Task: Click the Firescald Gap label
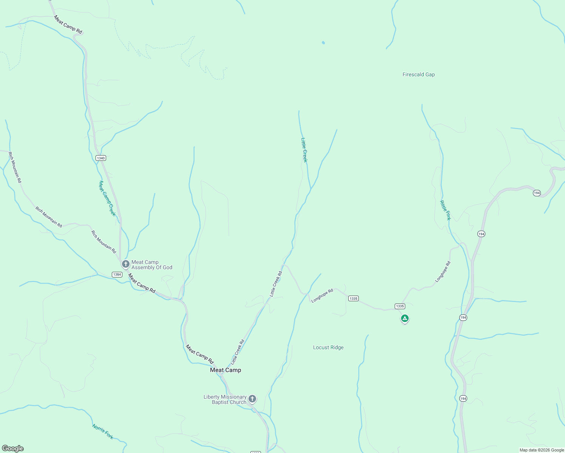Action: click(x=418, y=75)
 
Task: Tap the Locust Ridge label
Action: click(x=328, y=348)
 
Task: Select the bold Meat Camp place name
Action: click(x=225, y=370)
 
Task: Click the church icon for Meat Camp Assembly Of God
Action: click(x=126, y=264)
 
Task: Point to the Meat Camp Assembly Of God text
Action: click(x=152, y=265)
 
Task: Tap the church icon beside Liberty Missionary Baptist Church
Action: click(x=252, y=399)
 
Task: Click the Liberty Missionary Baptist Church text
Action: click(x=225, y=399)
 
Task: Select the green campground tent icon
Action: click(x=404, y=318)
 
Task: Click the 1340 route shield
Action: click(x=100, y=158)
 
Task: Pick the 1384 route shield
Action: click(x=117, y=274)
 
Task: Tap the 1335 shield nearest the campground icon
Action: click(x=400, y=306)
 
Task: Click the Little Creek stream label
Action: click(x=304, y=150)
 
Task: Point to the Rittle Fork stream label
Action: click(x=445, y=210)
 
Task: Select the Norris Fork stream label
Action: click(x=103, y=431)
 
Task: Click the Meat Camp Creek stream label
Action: click(x=107, y=199)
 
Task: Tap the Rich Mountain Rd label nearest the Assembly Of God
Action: click(x=103, y=242)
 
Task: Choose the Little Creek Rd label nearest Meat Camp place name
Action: click(x=238, y=352)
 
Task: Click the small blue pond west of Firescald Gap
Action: click(x=323, y=43)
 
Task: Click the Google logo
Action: click(x=13, y=448)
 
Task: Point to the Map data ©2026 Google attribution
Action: click(x=542, y=450)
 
